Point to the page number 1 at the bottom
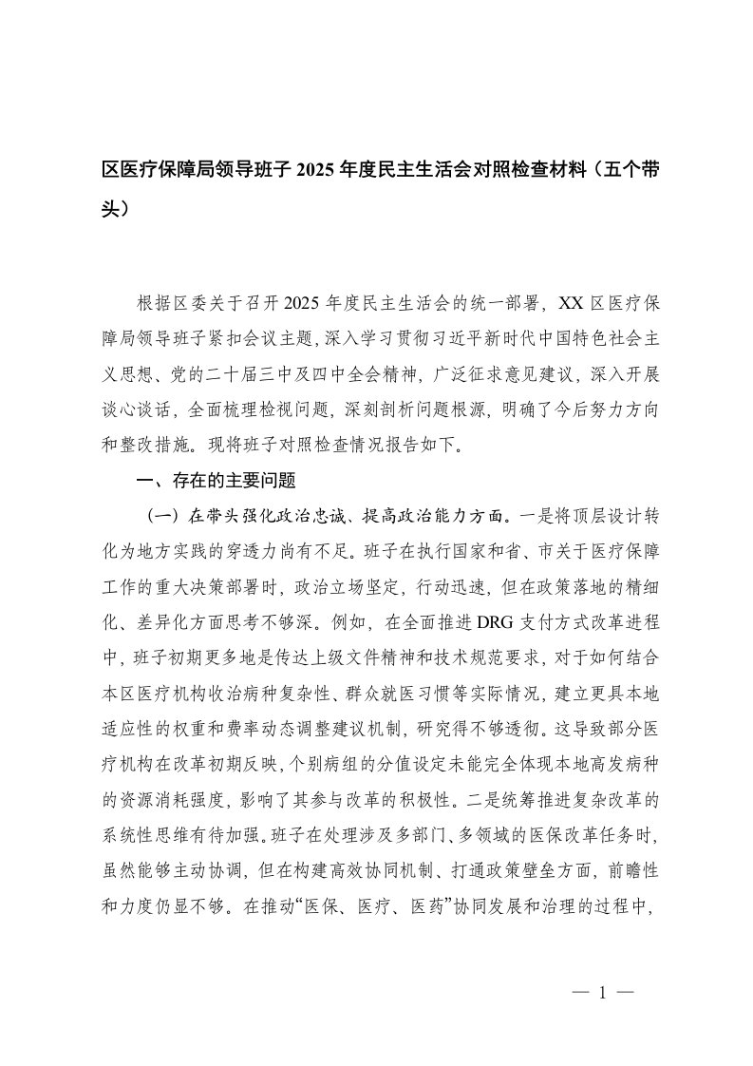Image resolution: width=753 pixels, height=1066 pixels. point(602,992)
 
